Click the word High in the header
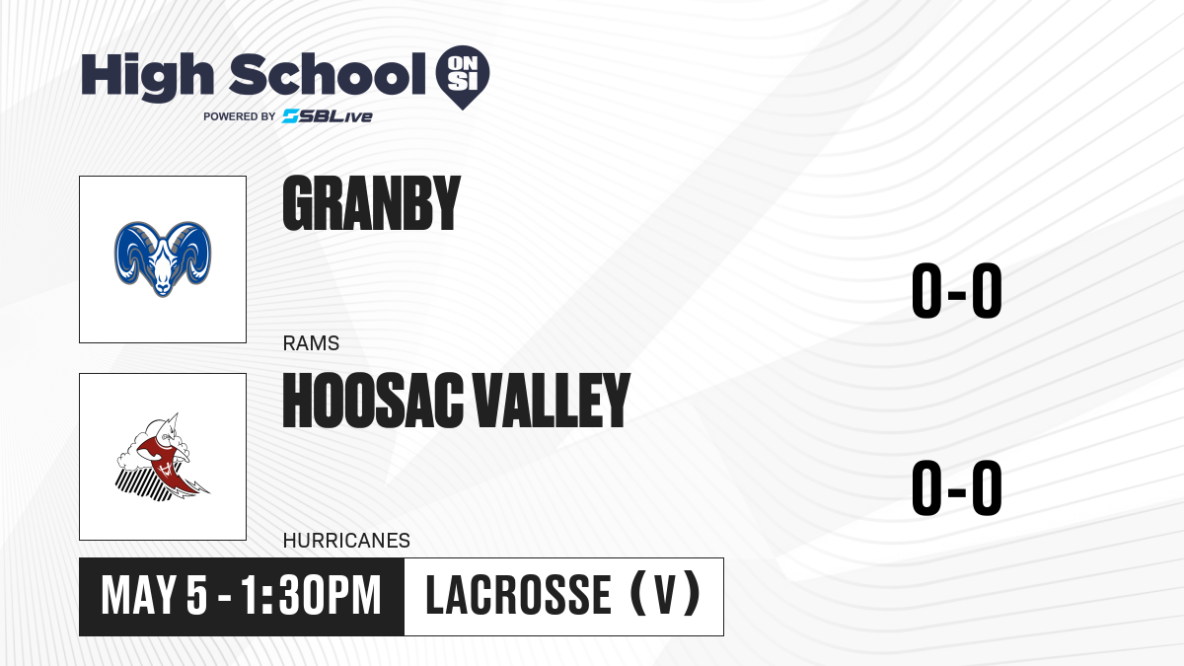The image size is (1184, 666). (147, 76)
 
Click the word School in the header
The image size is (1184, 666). (328, 74)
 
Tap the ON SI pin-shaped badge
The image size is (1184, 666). (463, 77)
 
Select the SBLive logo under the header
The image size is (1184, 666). (328, 115)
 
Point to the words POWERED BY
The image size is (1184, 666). (240, 116)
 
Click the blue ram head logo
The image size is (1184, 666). (163, 259)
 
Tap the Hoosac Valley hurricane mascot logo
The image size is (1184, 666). (163, 457)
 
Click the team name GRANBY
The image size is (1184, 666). (372, 203)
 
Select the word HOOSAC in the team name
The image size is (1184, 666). (373, 401)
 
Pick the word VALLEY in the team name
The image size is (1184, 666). (551, 401)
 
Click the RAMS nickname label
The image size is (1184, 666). (311, 343)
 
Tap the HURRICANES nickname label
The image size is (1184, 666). (346, 541)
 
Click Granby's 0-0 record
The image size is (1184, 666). (957, 291)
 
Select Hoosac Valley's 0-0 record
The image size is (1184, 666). (957, 487)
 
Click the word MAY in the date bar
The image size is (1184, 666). (138, 596)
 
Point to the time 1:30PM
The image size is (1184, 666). (311, 596)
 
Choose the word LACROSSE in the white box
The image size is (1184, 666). (519, 595)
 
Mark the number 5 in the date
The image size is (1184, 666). (196, 596)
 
